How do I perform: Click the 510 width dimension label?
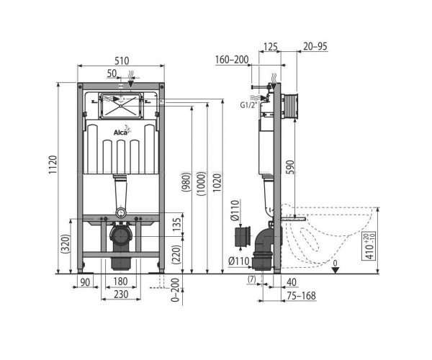[122, 60]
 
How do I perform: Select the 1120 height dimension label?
[53, 164]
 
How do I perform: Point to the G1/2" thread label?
[249, 105]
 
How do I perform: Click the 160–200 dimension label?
[232, 60]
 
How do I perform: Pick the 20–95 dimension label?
[315, 46]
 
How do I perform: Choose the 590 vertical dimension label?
[290, 167]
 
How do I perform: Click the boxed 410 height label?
[369, 246]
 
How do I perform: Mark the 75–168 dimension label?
[301, 296]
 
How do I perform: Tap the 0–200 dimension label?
[175, 290]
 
